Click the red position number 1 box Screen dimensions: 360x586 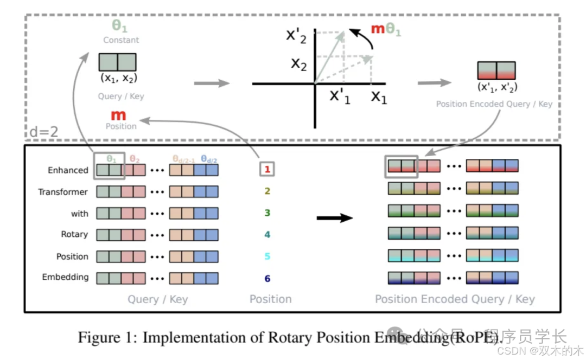(x=267, y=170)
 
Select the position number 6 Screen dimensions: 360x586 (x=267, y=278)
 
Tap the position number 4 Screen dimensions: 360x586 (x=267, y=235)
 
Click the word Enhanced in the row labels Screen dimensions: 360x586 (x=68, y=170)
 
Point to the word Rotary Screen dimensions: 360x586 (x=74, y=234)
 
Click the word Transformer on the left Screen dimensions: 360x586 (x=63, y=192)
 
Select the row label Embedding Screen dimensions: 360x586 (x=66, y=277)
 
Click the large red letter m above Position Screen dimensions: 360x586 (x=118, y=115)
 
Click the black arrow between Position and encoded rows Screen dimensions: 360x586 (x=334, y=218)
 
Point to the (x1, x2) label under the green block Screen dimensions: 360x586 (x=117, y=78)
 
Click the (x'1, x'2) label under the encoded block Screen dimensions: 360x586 (x=496, y=87)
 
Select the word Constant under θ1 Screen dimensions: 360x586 (x=121, y=40)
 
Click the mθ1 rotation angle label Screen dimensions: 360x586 (x=385, y=30)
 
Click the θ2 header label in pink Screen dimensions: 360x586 (x=135, y=159)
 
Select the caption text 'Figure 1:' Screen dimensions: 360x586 (x=107, y=337)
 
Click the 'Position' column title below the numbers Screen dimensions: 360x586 (x=270, y=299)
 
